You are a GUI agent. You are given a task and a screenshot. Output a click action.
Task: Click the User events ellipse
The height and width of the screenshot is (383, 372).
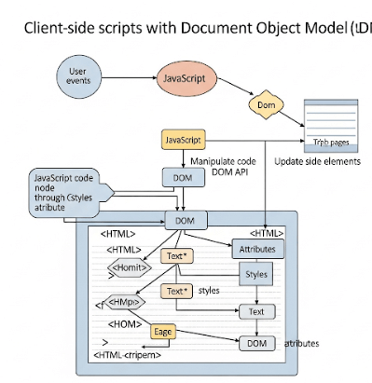78,75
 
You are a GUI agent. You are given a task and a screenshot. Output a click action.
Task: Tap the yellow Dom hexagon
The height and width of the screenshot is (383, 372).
264,106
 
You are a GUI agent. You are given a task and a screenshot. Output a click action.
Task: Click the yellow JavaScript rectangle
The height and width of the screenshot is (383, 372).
184,140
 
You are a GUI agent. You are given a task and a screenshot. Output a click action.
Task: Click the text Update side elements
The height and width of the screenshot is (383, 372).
318,161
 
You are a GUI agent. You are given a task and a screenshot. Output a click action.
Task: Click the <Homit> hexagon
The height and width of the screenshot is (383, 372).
129,267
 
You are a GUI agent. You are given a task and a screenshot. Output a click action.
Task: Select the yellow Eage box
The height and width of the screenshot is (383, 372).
163,330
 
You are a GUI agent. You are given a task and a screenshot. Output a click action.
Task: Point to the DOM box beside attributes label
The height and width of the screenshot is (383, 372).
256,344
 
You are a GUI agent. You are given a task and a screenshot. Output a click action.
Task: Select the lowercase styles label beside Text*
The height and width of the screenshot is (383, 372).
209,291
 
